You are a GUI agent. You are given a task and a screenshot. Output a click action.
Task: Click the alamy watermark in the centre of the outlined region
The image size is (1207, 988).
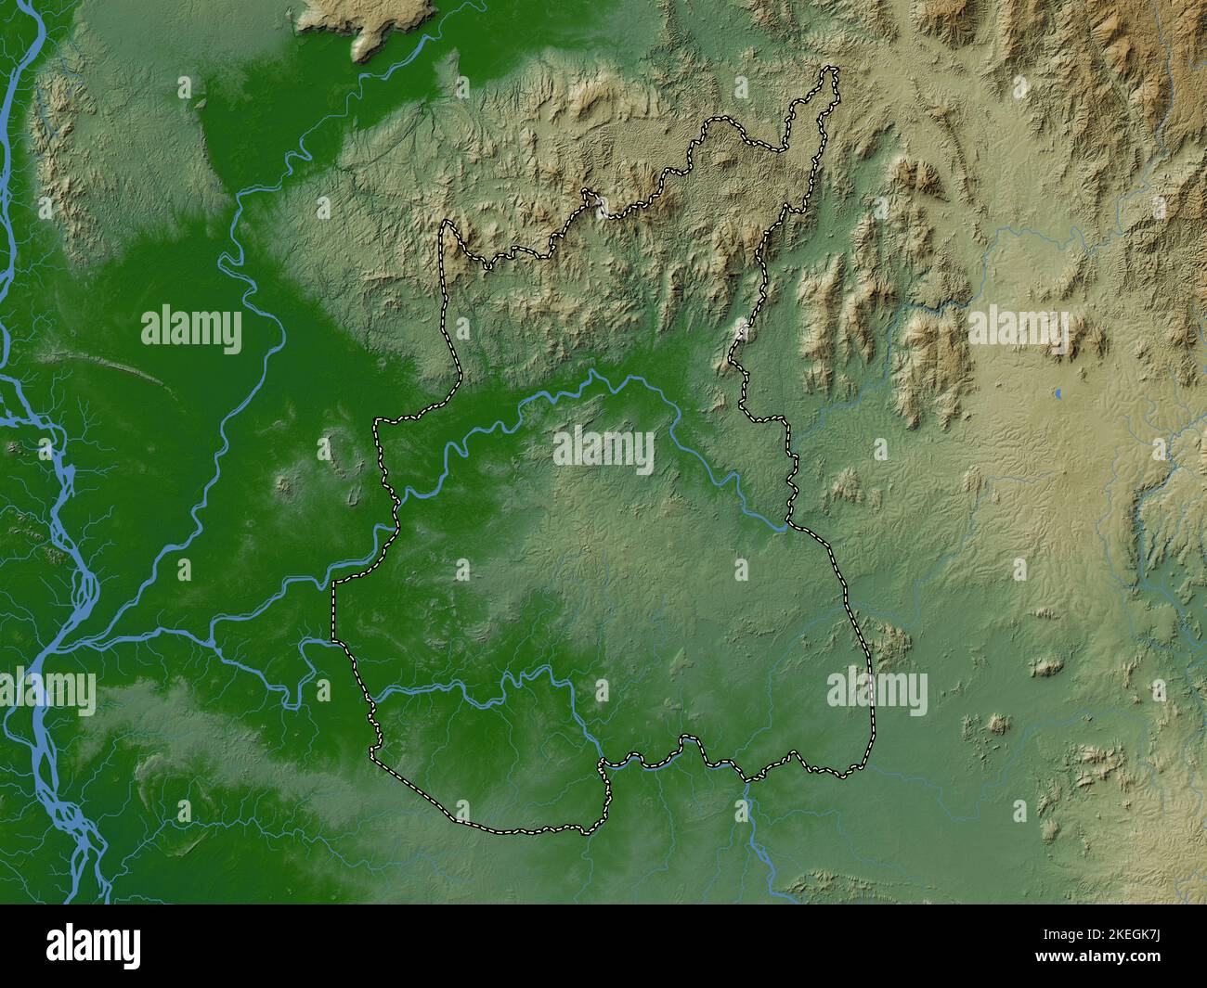point(603,450)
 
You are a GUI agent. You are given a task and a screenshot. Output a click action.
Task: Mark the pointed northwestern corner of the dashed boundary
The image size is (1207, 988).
point(448,223)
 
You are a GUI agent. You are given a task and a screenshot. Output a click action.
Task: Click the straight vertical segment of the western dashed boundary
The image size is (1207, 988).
point(332,612)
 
